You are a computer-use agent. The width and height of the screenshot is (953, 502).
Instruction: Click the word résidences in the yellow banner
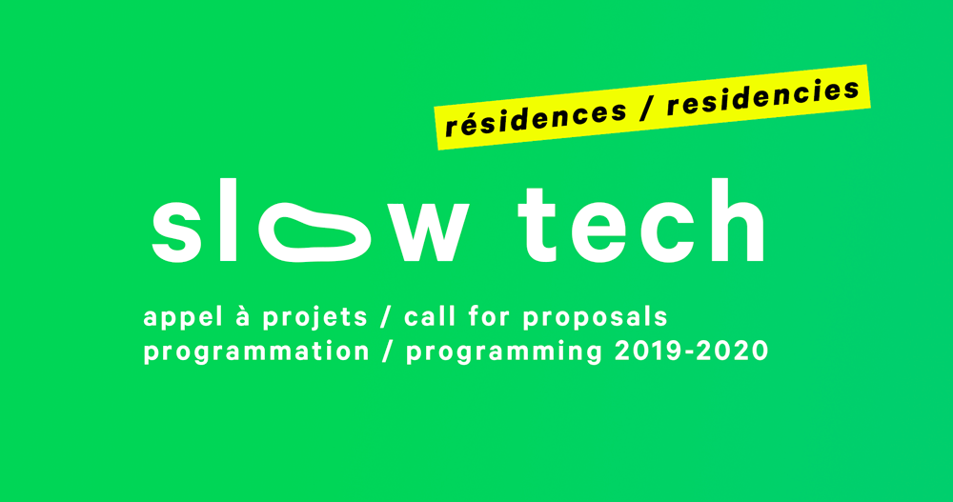[x=536, y=118]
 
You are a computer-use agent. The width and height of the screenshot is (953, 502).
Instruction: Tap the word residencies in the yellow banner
[x=763, y=97]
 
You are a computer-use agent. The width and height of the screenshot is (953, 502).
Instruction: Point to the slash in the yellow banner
[x=646, y=110]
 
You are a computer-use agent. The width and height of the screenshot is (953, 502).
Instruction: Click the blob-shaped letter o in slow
[x=314, y=232]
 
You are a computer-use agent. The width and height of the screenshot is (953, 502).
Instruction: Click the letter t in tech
[x=538, y=226]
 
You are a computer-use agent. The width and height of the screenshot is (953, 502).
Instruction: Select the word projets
[x=314, y=318]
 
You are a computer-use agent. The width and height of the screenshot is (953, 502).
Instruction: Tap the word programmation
[x=256, y=352]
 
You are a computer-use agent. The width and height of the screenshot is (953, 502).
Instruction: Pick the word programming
[x=504, y=353]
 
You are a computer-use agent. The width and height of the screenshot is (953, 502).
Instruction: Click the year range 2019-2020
[x=692, y=351]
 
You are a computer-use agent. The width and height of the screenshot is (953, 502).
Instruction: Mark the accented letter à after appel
[x=243, y=316]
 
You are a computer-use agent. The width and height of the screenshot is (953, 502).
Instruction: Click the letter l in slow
[x=228, y=220]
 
